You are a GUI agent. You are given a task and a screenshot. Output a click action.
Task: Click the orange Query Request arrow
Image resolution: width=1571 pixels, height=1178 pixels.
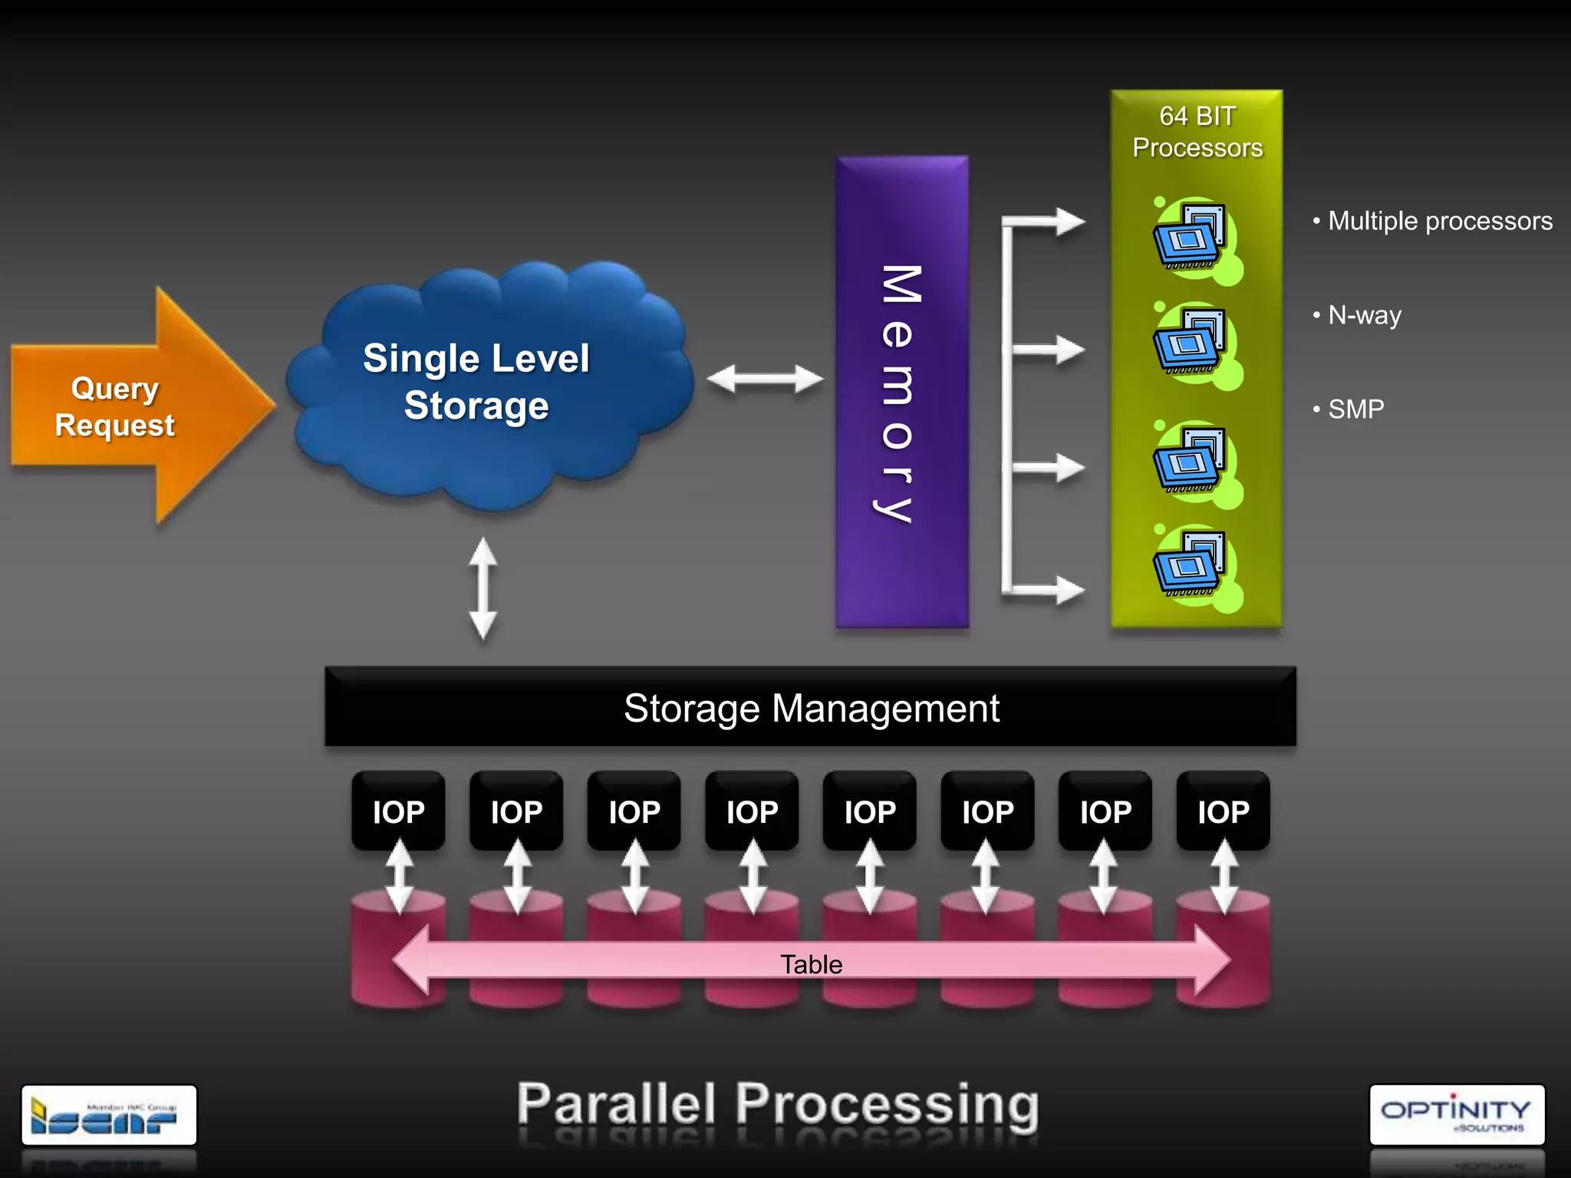point(130,406)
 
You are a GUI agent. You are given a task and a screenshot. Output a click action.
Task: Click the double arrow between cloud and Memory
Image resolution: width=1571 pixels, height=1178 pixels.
point(765,379)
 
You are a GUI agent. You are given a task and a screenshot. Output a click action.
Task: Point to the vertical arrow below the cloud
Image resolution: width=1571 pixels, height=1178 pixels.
point(482,589)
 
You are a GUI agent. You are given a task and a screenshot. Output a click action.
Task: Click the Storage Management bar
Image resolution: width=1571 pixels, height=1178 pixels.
point(810,707)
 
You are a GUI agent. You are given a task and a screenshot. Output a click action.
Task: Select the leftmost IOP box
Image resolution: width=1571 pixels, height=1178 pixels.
point(398,811)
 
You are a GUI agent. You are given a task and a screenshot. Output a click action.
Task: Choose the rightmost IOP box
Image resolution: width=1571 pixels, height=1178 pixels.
point(1223,811)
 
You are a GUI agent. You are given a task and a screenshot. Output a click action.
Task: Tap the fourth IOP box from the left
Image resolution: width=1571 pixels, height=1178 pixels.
point(752,811)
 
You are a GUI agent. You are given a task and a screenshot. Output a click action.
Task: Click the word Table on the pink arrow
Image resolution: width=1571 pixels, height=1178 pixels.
point(811,964)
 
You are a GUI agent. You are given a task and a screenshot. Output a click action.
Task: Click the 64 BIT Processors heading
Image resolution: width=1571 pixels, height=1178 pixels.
point(1197,132)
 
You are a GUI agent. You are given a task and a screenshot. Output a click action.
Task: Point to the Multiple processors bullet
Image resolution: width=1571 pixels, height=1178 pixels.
point(1439,221)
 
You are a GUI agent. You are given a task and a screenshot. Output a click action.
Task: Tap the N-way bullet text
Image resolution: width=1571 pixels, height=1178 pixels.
point(1364,315)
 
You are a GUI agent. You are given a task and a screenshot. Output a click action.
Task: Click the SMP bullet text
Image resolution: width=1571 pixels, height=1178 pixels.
point(1355,410)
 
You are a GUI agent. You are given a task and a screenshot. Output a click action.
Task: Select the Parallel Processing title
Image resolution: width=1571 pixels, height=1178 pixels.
point(777,1104)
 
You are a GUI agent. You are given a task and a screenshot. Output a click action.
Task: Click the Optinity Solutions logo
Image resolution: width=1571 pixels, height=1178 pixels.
point(1456,1114)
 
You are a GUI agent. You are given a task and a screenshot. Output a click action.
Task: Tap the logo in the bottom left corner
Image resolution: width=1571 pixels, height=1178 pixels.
point(108,1114)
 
